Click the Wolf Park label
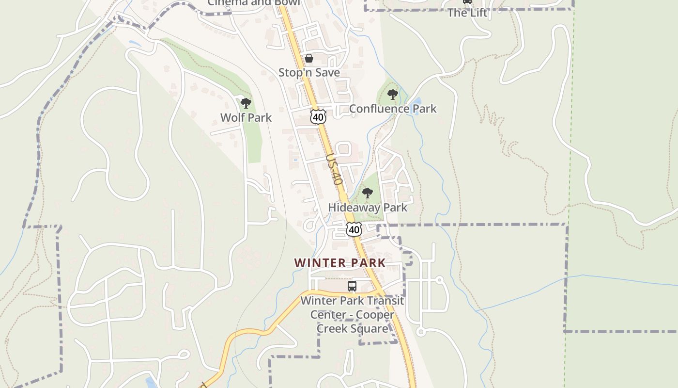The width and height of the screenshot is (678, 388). point(246,117)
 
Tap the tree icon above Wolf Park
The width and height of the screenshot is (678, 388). point(246,103)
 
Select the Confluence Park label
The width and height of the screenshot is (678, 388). point(393,109)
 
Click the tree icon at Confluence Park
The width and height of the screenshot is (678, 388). point(393,95)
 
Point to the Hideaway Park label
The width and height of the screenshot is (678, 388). point(368,208)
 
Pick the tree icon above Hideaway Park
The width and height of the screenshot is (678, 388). point(368,193)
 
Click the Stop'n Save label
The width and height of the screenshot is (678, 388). point(309,73)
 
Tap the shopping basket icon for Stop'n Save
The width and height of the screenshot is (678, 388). point(309,59)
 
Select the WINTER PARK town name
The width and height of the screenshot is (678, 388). point(340,263)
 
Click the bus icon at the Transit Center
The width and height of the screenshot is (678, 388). point(352,286)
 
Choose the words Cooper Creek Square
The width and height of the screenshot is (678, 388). point(353,322)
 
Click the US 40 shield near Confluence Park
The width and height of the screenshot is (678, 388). point(318,117)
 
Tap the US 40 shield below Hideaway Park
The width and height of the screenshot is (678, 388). point(354,229)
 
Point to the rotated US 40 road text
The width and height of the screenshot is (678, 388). point(335,169)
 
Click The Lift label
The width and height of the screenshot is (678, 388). point(467,13)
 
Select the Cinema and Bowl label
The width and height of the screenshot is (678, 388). point(254,2)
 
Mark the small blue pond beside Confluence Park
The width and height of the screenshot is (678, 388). point(416,103)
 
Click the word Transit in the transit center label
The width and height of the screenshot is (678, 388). point(385,301)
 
